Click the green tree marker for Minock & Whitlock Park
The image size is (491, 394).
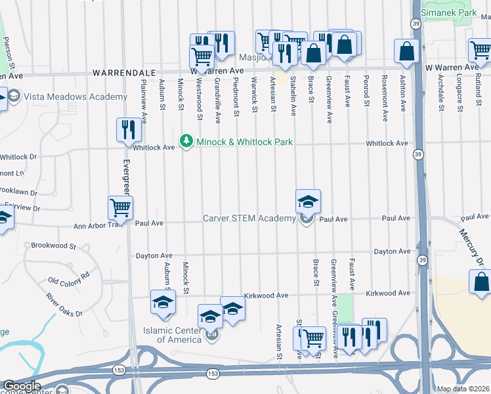pos(186,141)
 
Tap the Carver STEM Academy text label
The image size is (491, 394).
pos(249,218)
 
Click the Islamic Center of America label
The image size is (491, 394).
pos(173,335)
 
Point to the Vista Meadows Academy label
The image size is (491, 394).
pos(75,97)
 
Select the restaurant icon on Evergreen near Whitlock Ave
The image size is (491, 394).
pos(128,130)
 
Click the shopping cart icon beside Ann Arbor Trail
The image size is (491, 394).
pos(120,208)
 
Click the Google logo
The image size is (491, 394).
pos(22,385)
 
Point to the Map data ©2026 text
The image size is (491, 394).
pos(463,389)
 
